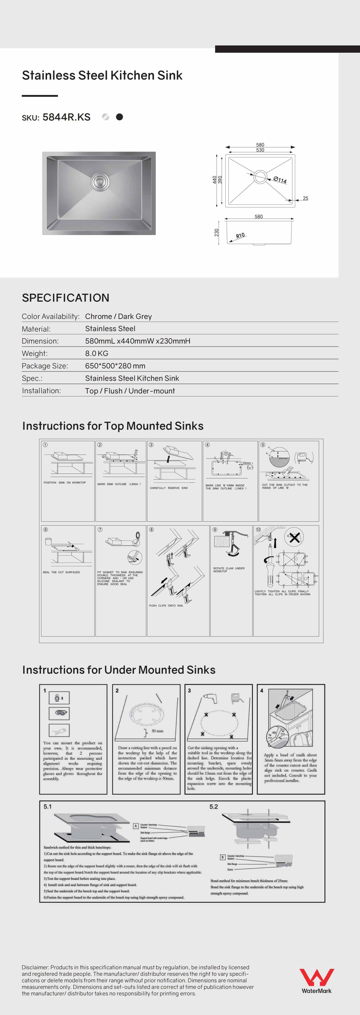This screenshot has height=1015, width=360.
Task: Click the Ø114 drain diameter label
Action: (280, 180)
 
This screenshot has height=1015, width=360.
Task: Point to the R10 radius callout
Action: (240, 236)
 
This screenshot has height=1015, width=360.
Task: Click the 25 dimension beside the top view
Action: (306, 198)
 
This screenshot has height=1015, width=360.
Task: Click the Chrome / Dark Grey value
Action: (118, 316)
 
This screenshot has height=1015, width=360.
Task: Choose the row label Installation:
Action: (41, 391)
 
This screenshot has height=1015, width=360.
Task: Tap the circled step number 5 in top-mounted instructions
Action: (263, 445)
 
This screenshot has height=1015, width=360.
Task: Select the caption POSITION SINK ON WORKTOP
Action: (65, 483)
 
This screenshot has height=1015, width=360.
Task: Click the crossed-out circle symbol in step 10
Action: (294, 537)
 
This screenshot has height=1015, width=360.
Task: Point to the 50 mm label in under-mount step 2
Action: (157, 731)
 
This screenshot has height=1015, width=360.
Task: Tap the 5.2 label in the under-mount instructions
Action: (213, 807)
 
